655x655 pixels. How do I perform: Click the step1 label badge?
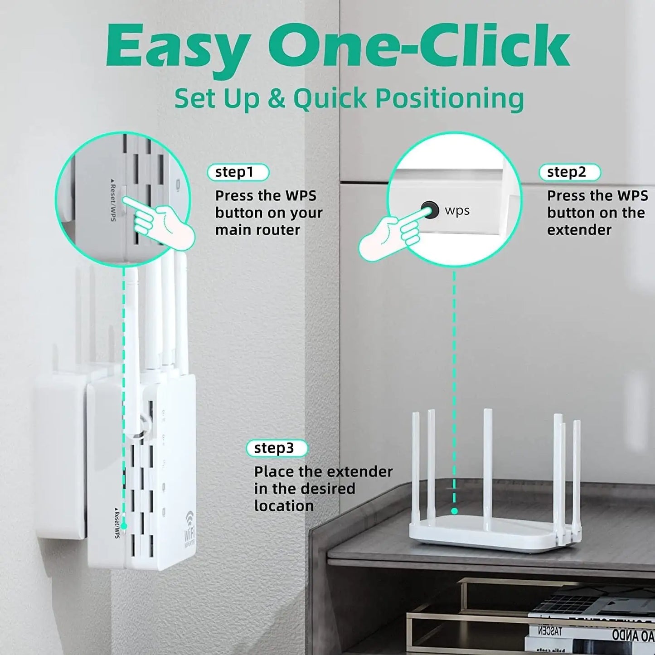[x=238, y=172]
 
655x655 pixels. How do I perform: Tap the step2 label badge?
[x=569, y=172]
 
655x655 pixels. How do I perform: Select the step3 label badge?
[x=277, y=448]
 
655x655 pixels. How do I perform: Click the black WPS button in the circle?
[x=429, y=210]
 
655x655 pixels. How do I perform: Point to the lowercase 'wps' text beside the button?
[x=457, y=211]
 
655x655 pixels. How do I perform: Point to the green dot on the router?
[x=454, y=511]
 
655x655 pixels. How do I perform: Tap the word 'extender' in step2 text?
[x=579, y=230]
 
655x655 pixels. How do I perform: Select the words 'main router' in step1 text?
[x=257, y=230]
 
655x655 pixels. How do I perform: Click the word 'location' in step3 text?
[x=284, y=506]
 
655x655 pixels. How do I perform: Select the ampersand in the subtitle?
[x=276, y=99]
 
